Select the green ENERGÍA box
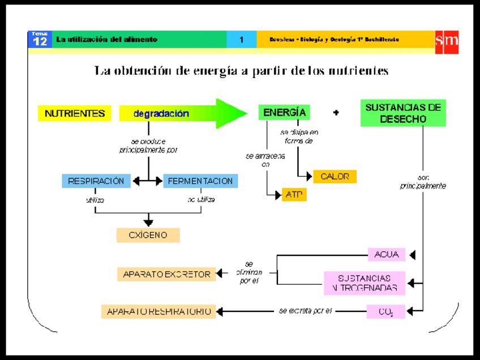284,112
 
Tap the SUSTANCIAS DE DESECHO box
402,113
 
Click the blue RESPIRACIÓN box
96,181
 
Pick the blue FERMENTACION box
200,181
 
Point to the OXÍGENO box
148,235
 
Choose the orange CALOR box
335,177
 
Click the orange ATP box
294,195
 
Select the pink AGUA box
386,255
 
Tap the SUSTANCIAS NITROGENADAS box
365,283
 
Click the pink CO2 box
386,311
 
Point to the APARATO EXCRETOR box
166,275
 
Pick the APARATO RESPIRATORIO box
158,311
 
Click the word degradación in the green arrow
161,113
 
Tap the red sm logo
447,41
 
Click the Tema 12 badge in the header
39,39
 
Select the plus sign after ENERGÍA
336,113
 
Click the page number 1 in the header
241,40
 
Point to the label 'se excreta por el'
305,311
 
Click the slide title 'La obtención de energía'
241,71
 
